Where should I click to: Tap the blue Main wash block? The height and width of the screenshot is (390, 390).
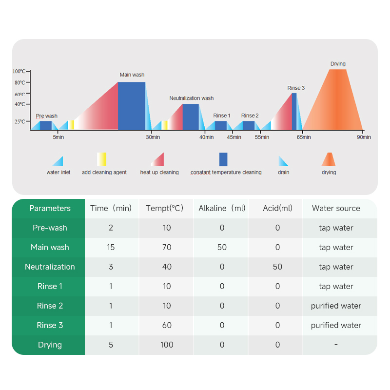pyautogui.click(x=132, y=106)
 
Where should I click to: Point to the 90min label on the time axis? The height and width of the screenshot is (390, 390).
pyautogui.click(x=363, y=137)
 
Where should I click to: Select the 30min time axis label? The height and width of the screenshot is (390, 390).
pyautogui.click(x=153, y=137)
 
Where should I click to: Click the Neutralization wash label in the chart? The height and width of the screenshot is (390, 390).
pyautogui.click(x=192, y=98)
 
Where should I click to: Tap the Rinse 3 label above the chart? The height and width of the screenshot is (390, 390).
pyautogui.click(x=296, y=88)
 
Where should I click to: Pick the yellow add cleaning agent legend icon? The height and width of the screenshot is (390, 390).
pyautogui.click(x=101, y=159)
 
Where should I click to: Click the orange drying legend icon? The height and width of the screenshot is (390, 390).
pyautogui.click(x=328, y=159)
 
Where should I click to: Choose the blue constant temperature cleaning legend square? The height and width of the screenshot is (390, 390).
pyautogui.click(x=223, y=159)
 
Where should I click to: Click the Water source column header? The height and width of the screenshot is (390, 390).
pyautogui.click(x=336, y=208)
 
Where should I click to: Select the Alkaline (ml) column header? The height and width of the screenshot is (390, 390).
pyautogui.click(x=222, y=208)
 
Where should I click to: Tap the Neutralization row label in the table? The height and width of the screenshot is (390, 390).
pyautogui.click(x=50, y=267)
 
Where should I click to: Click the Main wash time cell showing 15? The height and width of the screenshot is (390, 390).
pyautogui.click(x=111, y=247)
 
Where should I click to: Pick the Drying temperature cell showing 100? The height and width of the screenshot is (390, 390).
pyautogui.click(x=167, y=345)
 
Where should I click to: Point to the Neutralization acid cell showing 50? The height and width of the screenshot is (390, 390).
pyautogui.click(x=277, y=267)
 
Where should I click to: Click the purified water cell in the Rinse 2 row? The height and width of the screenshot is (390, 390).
pyautogui.click(x=336, y=306)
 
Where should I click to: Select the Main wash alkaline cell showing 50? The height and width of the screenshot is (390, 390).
pyautogui.click(x=222, y=247)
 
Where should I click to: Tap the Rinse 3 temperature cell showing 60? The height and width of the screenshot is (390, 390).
pyautogui.click(x=167, y=325)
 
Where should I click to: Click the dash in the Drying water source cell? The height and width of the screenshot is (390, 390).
pyautogui.click(x=336, y=345)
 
